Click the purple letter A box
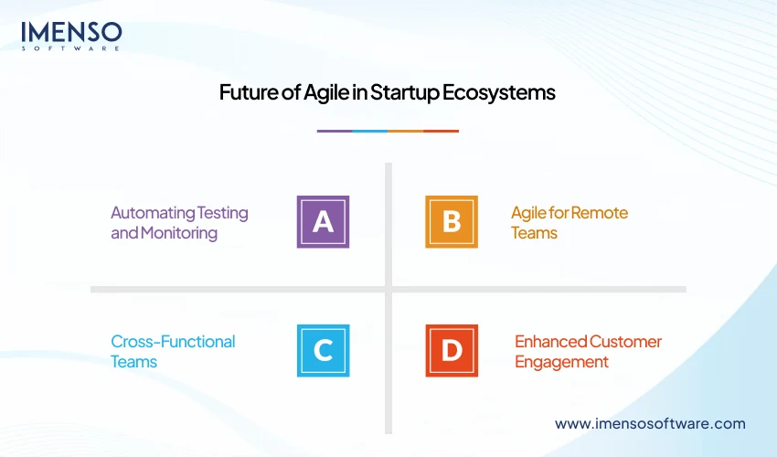[x=323, y=222]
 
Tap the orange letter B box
[x=451, y=222]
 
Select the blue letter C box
[x=323, y=350]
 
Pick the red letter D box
[x=451, y=350]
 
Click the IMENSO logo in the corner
[x=71, y=35]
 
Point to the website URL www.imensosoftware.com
[x=650, y=423]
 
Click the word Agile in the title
[x=319, y=93]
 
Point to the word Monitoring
[x=179, y=233]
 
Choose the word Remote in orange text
[x=599, y=213]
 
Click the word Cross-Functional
[x=173, y=341]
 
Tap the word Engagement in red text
[x=561, y=362]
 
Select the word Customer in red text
[x=625, y=342]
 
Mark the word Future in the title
[x=248, y=93]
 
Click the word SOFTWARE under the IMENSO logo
[x=71, y=48]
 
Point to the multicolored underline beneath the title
[x=388, y=131]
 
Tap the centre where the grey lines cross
[x=388, y=289]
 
